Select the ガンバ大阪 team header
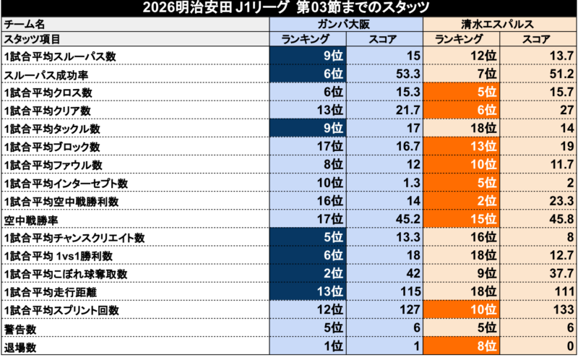345,24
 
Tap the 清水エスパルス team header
499,24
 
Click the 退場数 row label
20,347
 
